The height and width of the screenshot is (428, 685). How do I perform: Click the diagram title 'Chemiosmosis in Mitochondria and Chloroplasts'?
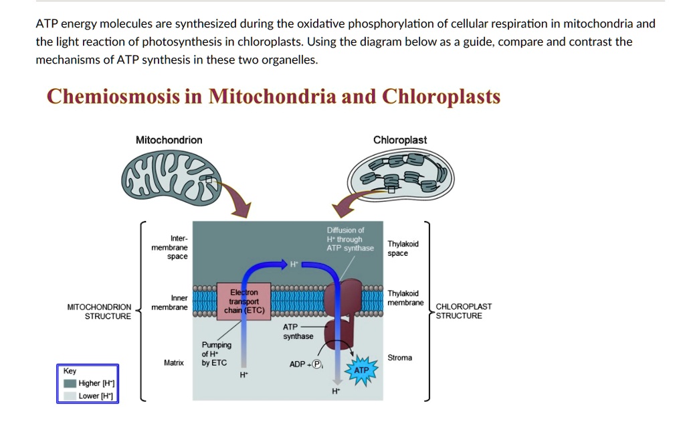(x=273, y=97)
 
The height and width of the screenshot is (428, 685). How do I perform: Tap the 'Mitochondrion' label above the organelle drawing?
(x=169, y=140)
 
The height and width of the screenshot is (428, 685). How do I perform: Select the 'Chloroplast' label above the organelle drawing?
(x=399, y=140)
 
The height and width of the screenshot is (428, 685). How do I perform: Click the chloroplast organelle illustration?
(x=400, y=173)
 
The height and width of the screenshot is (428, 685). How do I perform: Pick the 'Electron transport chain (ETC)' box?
(x=243, y=301)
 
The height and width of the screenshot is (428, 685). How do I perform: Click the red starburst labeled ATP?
(x=361, y=370)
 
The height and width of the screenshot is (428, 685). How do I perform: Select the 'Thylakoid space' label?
(x=403, y=248)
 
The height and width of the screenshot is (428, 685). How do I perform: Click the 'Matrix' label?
(x=173, y=362)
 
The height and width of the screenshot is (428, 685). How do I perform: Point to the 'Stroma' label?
(x=400, y=358)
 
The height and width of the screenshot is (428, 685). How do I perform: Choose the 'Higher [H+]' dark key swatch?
(x=70, y=384)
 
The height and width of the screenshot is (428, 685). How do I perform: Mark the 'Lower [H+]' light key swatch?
(x=70, y=396)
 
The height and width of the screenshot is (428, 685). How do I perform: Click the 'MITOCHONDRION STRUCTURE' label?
(x=99, y=311)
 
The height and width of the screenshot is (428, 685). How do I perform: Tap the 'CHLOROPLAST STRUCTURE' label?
(x=464, y=311)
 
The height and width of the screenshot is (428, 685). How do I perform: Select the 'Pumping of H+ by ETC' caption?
(x=215, y=354)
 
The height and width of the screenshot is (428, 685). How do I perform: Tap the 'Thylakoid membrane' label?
(x=405, y=298)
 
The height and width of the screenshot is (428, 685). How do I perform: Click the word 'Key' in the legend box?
(x=70, y=371)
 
